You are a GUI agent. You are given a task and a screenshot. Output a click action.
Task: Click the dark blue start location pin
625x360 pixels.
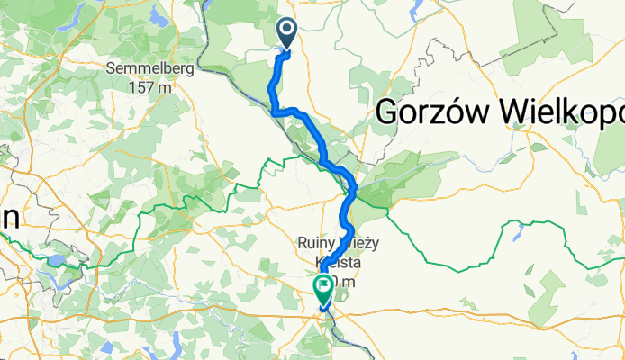287,33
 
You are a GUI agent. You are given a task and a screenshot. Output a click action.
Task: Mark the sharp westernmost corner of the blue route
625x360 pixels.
272,110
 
